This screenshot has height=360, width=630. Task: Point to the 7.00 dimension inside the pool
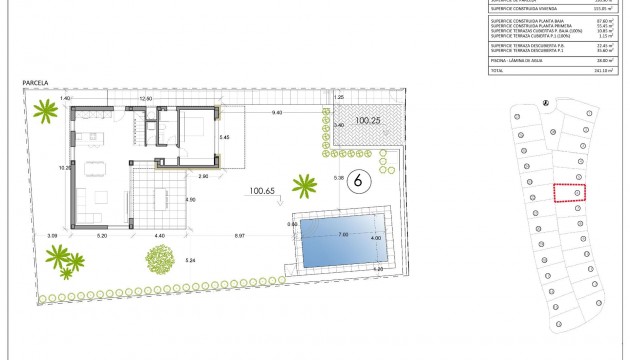(342, 235)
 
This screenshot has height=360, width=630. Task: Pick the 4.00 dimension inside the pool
(375, 238)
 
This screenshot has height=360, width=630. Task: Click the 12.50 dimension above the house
(144, 99)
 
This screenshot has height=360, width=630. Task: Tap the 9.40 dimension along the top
(275, 113)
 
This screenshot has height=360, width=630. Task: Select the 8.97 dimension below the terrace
(239, 235)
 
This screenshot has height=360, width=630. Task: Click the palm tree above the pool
(304, 184)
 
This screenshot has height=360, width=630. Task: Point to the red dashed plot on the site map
(568, 193)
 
